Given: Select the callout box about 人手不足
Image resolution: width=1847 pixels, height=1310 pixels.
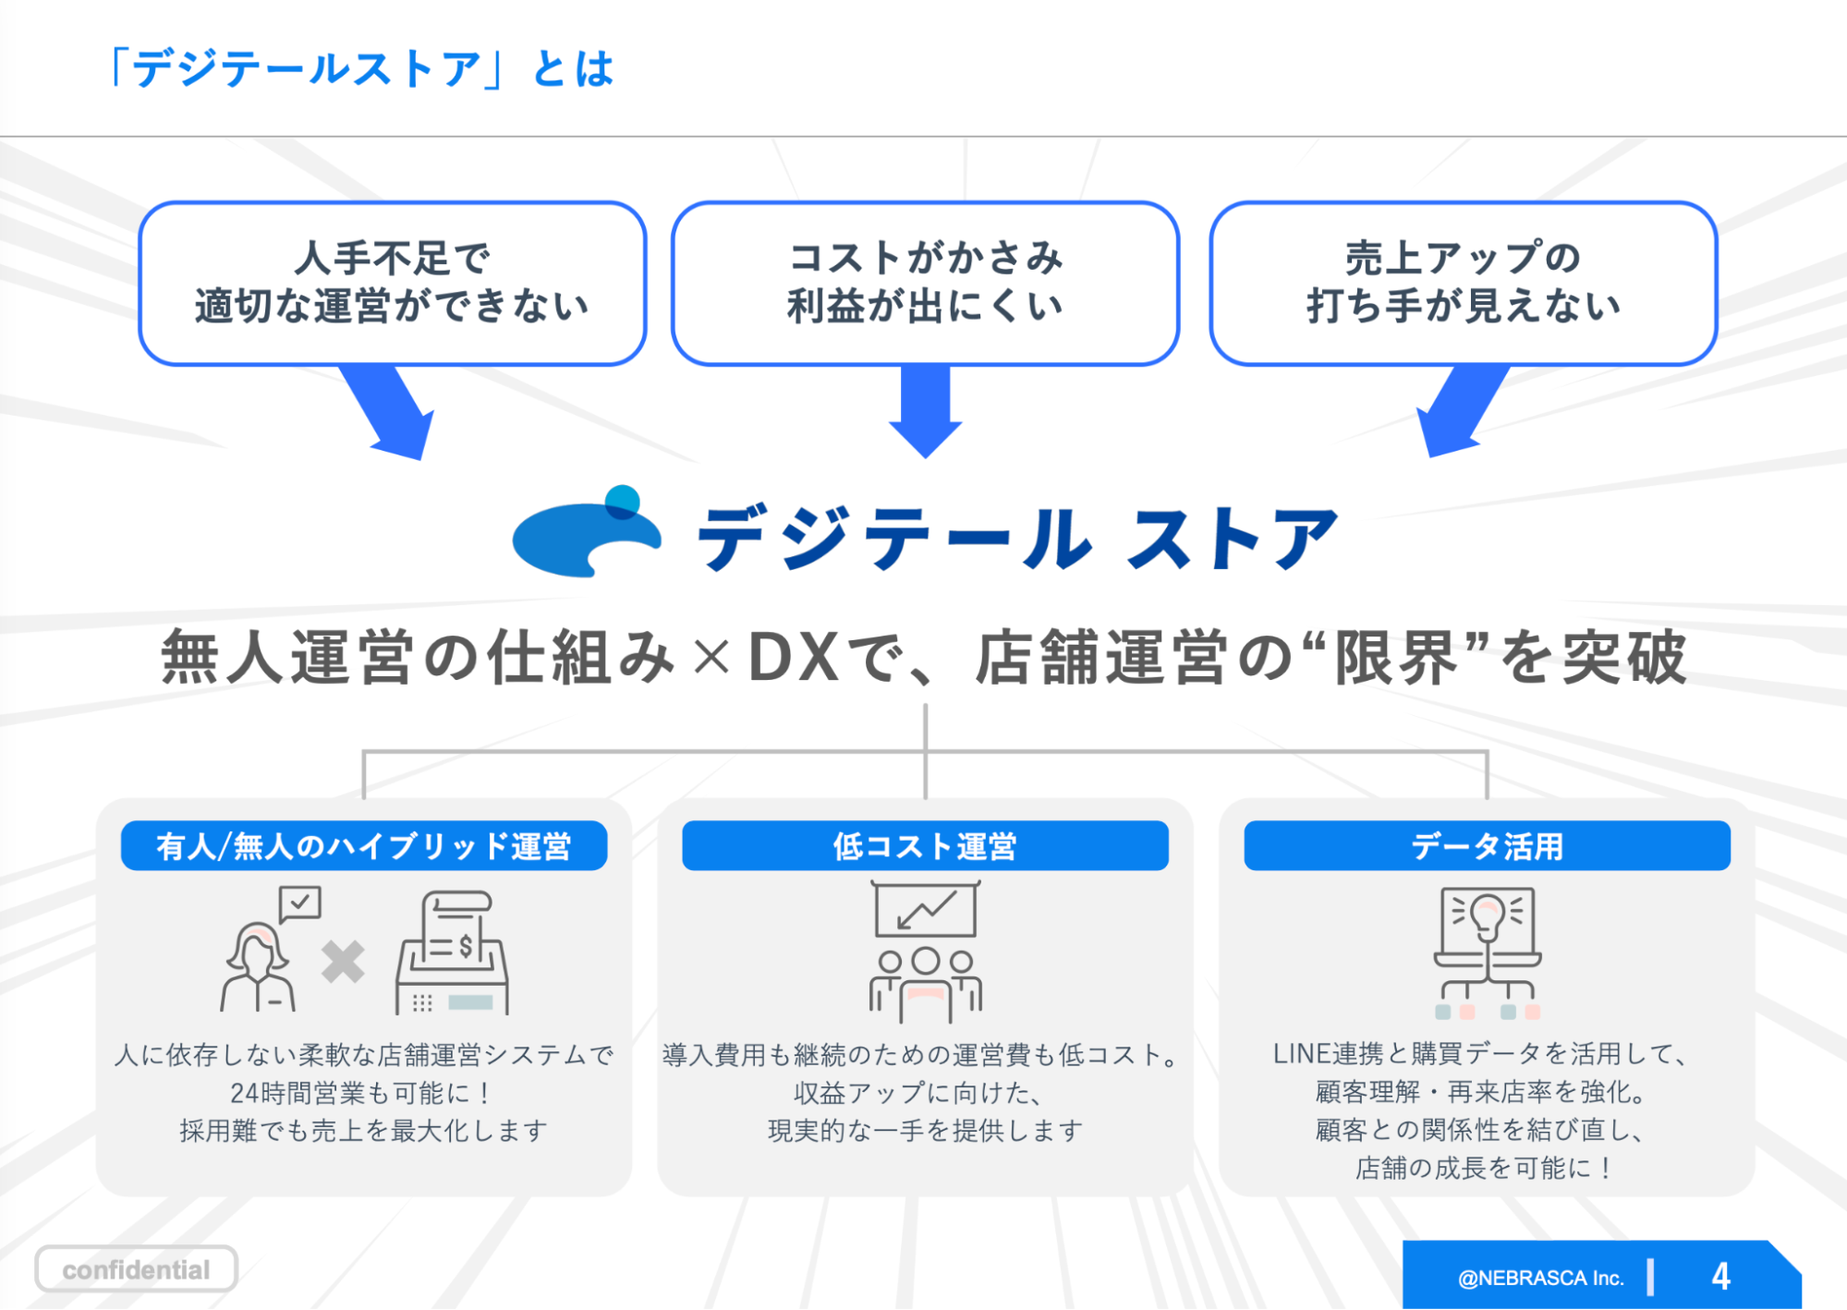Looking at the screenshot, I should pyautogui.click(x=392, y=283).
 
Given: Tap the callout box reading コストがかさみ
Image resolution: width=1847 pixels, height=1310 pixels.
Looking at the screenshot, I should pyautogui.click(x=925, y=283).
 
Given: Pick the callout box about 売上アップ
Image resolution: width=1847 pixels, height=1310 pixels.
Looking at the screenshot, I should pyautogui.click(x=1463, y=283).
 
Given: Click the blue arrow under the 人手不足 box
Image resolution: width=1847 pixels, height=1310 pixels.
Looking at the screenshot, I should pyautogui.click(x=392, y=412).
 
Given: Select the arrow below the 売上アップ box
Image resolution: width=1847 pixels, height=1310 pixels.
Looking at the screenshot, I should pyautogui.click(x=1460, y=412).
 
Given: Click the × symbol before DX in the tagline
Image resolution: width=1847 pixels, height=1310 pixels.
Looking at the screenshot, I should pyautogui.click(x=711, y=659).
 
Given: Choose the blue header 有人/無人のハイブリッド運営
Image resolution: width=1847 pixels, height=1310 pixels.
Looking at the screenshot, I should pyautogui.click(x=364, y=845).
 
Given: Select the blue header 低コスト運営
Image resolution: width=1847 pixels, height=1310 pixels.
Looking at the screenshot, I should pyautogui.click(x=925, y=845).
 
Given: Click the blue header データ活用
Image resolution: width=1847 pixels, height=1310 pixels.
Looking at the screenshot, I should pyautogui.click(x=1487, y=845).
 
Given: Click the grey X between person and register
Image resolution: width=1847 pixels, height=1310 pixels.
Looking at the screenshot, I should pyautogui.click(x=343, y=962).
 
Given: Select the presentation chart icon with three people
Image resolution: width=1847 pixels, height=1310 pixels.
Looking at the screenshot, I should pyautogui.click(x=925, y=952).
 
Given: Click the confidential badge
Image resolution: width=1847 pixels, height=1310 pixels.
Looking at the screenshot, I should pyautogui.click(x=136, y=1269).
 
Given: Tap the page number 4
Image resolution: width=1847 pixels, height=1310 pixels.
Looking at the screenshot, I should pyautogui.click(x=1719, y=1277).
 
